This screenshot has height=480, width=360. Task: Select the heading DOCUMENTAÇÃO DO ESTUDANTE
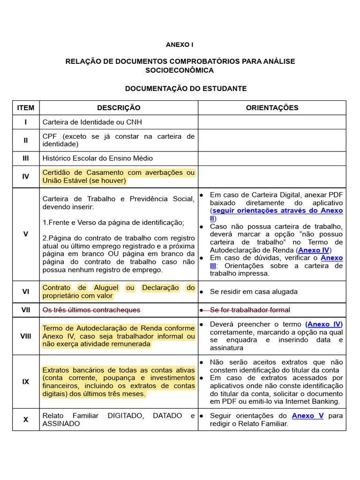pos(186,89)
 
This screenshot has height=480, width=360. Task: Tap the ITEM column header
pos(26,108)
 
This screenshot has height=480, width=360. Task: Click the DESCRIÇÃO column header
pos(119,108)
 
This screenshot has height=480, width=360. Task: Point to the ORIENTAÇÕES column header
pos(272,108)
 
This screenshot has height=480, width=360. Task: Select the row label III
pos(26,158)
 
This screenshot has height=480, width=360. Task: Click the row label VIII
pos(26,336)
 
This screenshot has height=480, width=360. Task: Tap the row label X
pos(26,420)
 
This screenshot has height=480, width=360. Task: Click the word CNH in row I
pos(134,122)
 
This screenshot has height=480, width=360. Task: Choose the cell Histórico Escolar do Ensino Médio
pos(97,158)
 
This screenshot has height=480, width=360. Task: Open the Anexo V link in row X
pos(307,416)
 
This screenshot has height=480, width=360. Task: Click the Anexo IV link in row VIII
pos(324,324)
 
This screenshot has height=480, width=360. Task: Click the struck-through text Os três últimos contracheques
pos(91,310)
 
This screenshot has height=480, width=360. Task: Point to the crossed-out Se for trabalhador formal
pos(250,310)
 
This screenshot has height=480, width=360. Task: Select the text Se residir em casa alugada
pos(254,292)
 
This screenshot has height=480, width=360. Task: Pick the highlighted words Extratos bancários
pos(71,370)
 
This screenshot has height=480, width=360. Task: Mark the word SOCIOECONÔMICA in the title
pos(180,70)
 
